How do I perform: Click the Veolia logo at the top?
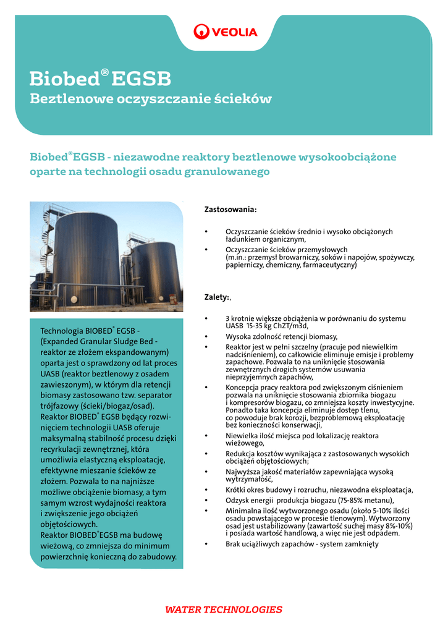click(225, 31)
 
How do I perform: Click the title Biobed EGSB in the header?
click(101, 79)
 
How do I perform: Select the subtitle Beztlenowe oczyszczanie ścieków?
click(151, 98)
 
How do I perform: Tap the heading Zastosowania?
click(230, 210)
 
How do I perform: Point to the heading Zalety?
click(217, 297)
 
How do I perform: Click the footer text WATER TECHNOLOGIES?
click(224, 610)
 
